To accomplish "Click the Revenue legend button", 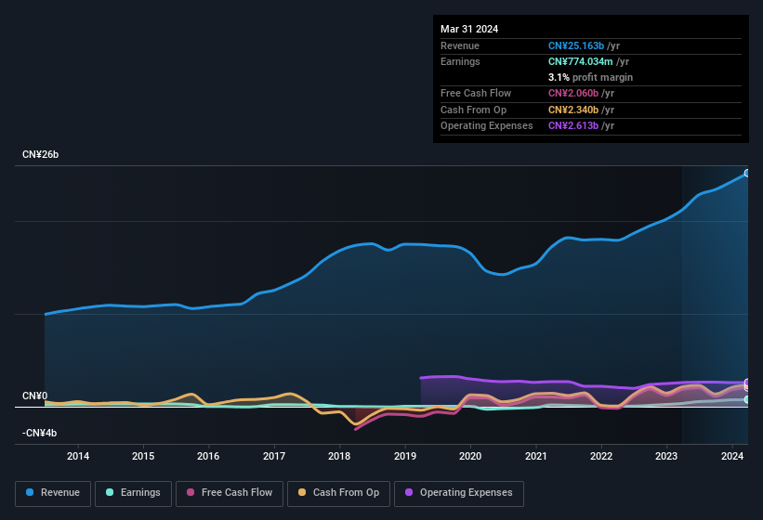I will tap(54, 492).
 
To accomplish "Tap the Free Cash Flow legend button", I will tap(230, 492).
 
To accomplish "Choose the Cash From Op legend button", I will tap(338, 492).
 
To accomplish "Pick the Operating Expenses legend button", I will tap(458, 492).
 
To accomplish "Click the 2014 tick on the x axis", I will tap(78, 456).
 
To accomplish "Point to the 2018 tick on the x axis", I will tap(339, 456).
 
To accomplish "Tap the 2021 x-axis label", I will tap(535, 456).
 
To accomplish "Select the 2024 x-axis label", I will tap(731, 456).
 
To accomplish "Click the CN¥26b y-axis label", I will tap(41, 155).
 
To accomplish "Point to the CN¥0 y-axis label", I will tap(34, 396).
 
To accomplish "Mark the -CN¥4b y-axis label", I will tap(40, 433).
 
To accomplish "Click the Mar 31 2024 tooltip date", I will tap(469, 29).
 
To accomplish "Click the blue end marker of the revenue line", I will tap(746, 173).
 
